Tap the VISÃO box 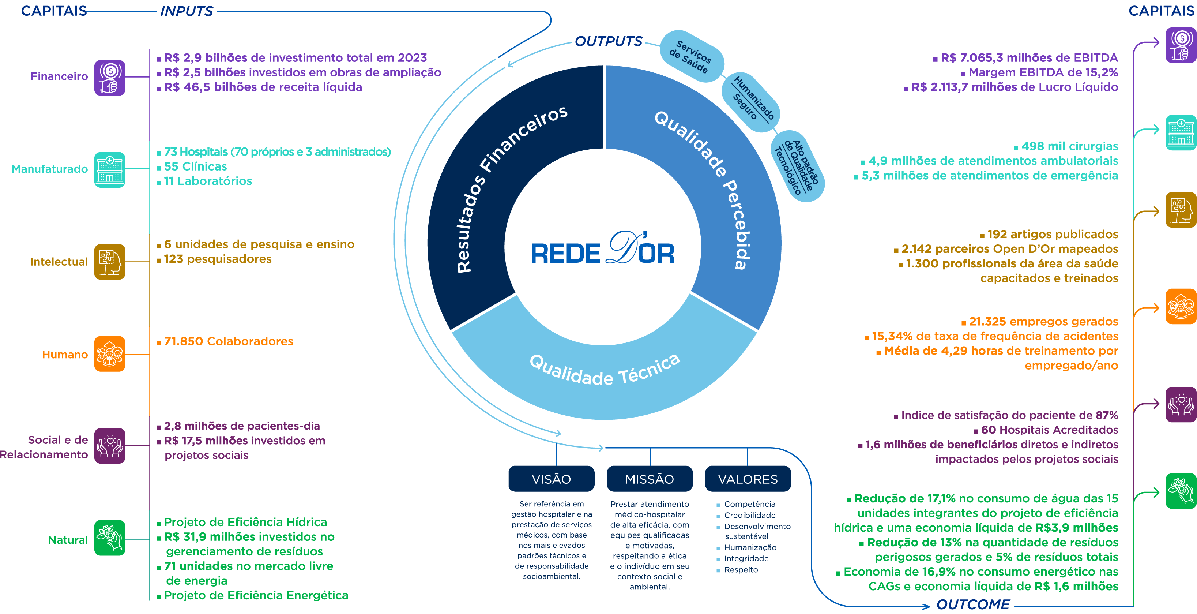pos(551,479)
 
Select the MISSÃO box pos(649,479)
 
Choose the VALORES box pos(748,479)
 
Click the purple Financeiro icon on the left pos(110,78)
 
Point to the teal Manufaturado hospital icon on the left pos(110,170)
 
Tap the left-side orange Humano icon pos(110,354)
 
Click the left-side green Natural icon pos(110,538)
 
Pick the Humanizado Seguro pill pos(750,102)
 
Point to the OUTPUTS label pos(608,41)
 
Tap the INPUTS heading pos(187,11)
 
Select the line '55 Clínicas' pos(195,166)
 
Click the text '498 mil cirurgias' pos(1069,146)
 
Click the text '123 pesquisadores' pos(218,259)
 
